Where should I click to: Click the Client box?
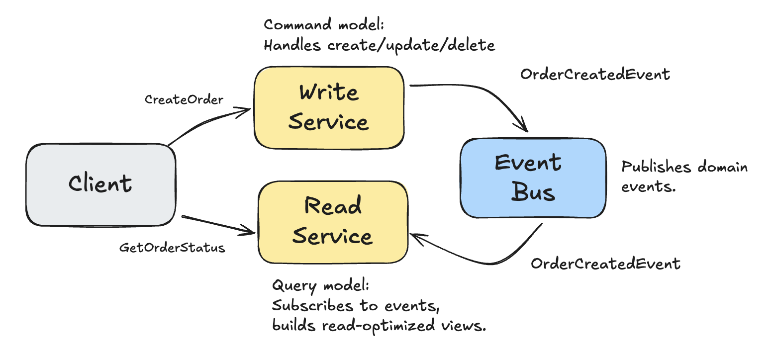[100, 184]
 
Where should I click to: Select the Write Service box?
[328, 107]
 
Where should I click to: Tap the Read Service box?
[332, 222]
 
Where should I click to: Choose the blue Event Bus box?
[533, 178]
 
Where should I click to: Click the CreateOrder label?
[184, 99]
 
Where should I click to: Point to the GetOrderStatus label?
[172, 247]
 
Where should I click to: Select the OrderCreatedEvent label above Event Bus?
[595, 75]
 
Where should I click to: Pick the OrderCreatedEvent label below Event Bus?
[605, 263]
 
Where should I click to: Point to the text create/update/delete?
[411, 45]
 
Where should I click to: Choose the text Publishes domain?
[684, 167]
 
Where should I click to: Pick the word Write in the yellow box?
[328, 92]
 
